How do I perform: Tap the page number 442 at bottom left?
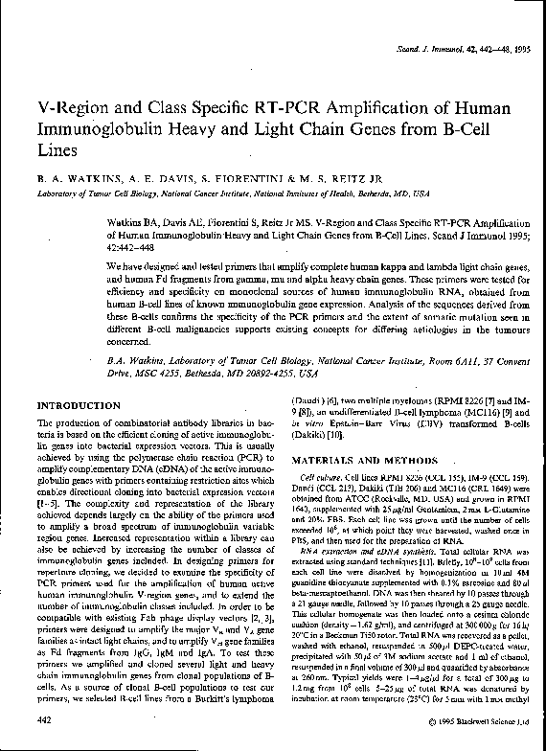pos(44,717)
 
